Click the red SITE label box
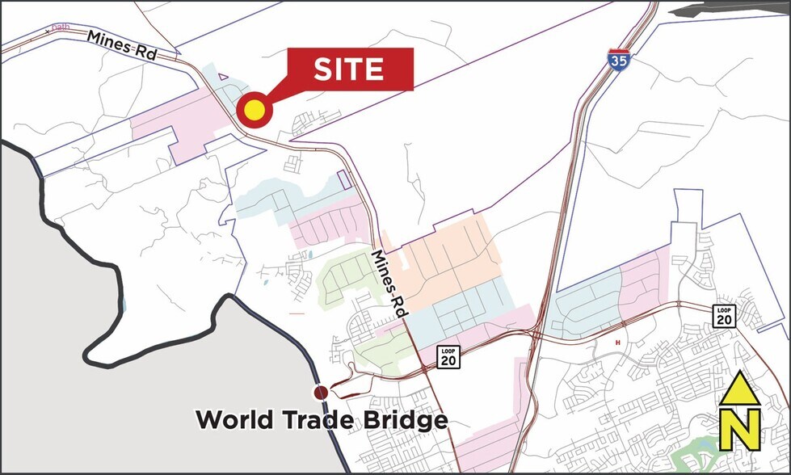click(x=349, y=69)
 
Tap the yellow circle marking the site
click(x=254, y=111)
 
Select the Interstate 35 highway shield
click(x=618, y=61)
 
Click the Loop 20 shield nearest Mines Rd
click(x=449, y=356)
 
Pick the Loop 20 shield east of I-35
click(x=724, y=316)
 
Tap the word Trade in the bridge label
click(x=324, y=421)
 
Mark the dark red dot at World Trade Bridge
click(x=321, y=393)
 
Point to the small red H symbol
click(x=619, y=343)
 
